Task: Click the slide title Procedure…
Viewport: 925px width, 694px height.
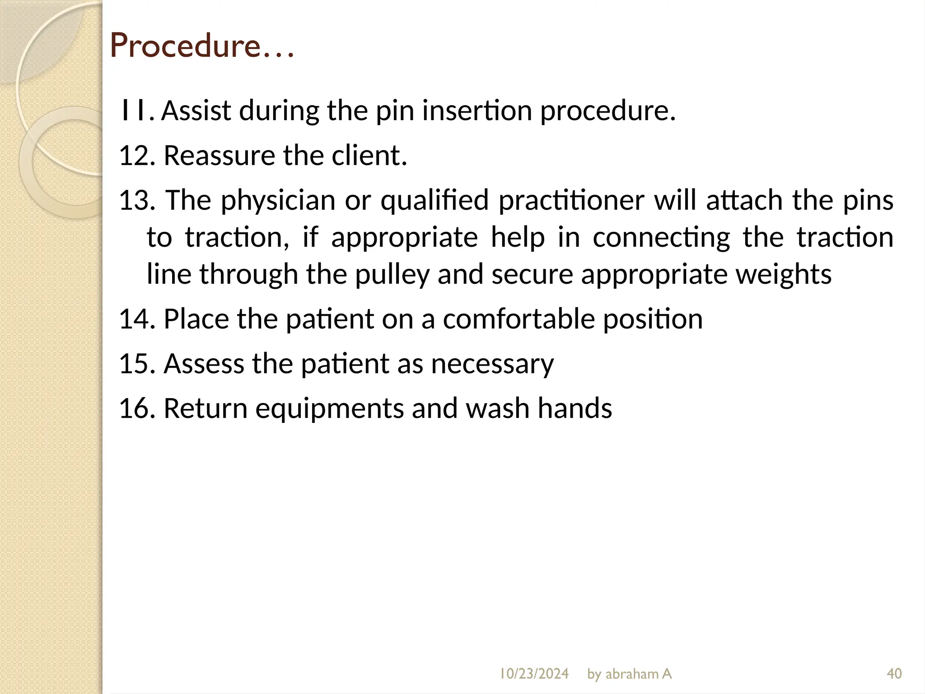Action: (202, 46)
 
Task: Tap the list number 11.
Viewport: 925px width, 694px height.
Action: (134, 111)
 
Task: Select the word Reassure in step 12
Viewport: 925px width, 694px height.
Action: (219, 155)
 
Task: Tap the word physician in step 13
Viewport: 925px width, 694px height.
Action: (278, 200)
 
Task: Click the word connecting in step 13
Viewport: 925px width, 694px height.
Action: (661, 237)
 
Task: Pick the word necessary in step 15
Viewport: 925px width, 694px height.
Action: (492, 363)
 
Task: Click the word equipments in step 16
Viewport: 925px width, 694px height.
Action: (329, 408)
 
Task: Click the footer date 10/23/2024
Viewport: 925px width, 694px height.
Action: (533, 674)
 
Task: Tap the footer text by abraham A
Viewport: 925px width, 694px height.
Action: (629, 674)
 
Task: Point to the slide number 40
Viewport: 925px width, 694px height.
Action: (894, 674)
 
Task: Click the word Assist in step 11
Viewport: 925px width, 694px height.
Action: (196, 111)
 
